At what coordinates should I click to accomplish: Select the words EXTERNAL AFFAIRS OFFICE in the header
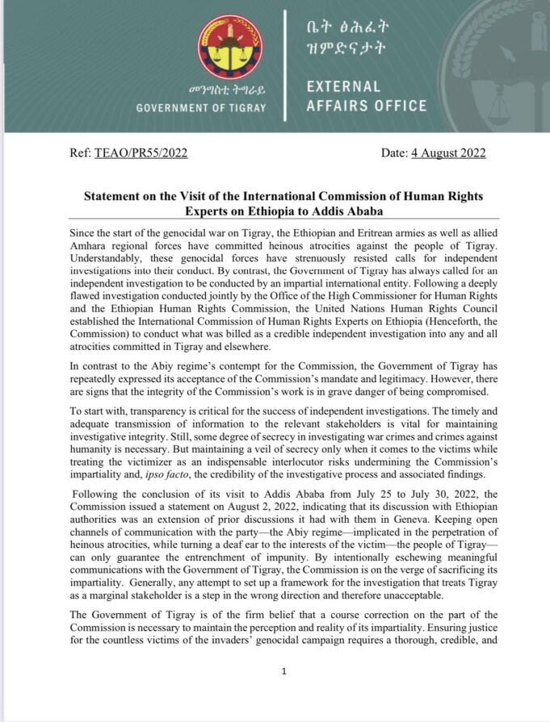pyautogui.click(x=367, y=96)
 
